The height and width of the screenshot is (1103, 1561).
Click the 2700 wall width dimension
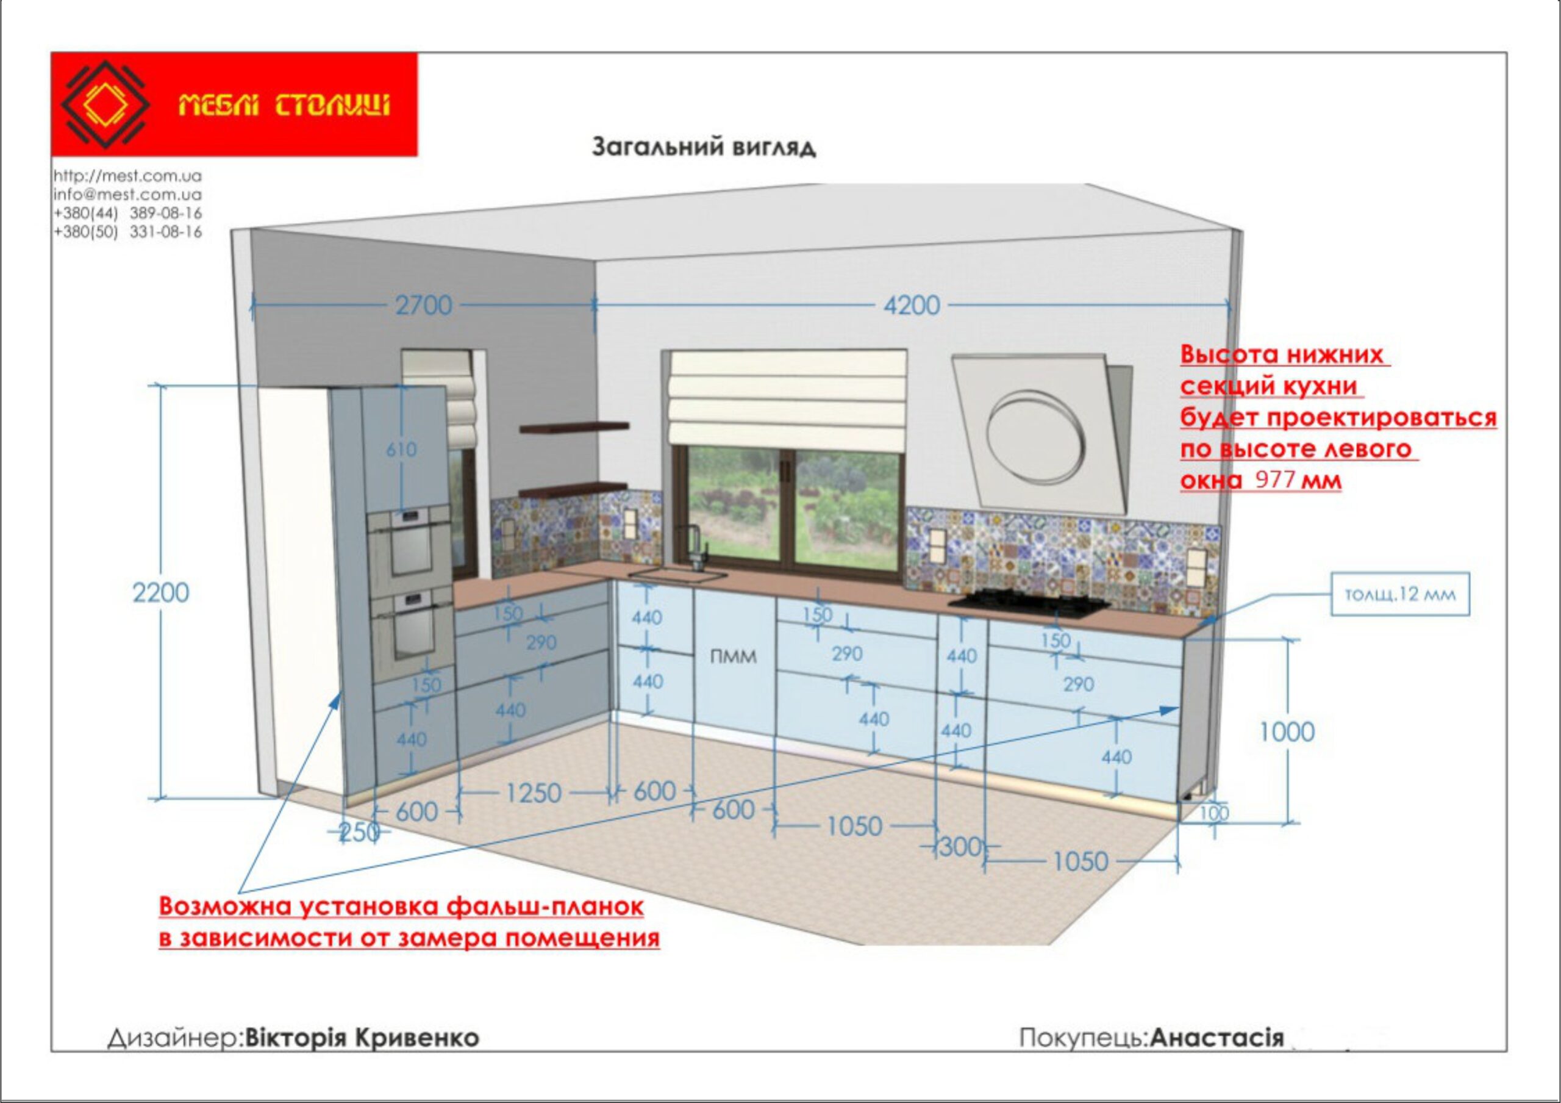click(424, 305)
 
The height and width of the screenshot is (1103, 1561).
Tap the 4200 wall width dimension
click(912, 305)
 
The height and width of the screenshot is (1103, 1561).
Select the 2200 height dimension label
click(160, 593)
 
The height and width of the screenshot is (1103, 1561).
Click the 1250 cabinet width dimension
click(534, 793)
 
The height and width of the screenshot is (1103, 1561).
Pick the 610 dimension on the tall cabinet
click(402, 450)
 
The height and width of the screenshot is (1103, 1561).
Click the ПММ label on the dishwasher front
click(733, 657)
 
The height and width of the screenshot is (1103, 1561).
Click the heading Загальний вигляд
click(704, 147)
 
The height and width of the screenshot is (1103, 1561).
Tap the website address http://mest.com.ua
click(128, 176)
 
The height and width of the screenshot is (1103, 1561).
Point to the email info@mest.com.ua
click(128, 195)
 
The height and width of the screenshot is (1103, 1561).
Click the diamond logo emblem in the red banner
click(105, 105)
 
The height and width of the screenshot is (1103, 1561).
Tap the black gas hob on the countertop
click(1025, 603)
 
